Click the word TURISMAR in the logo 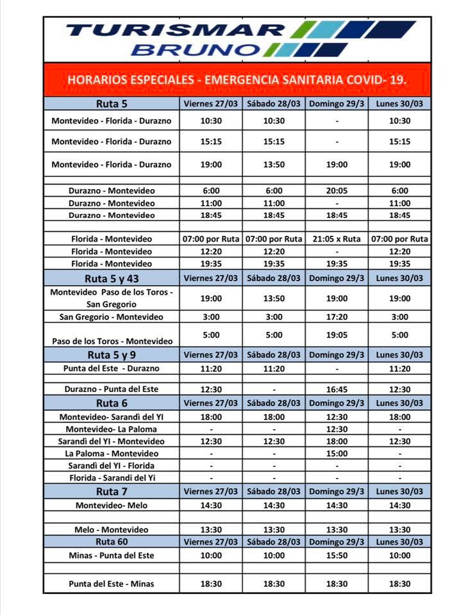pyautogui.click(x=176, y=29)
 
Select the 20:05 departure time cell pyautogui.click(x=337, y=190)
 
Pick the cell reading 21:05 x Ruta pyautogui.click(x=337, y=239)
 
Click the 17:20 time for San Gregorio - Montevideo pyautogui.click(x=337, y=317)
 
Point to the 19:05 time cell pyautogui.click(x=337, y=334)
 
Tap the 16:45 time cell pyautogui.click(x=337, y=389)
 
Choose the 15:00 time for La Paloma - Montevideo pyautogui.click(x=337, y=454)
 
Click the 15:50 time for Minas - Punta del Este pyautogui.click(x=337, y=555)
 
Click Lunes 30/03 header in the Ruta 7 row pyautogui.click(x=399, y=491)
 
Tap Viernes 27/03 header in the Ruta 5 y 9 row pyautogui.click(x=210, y=354)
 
